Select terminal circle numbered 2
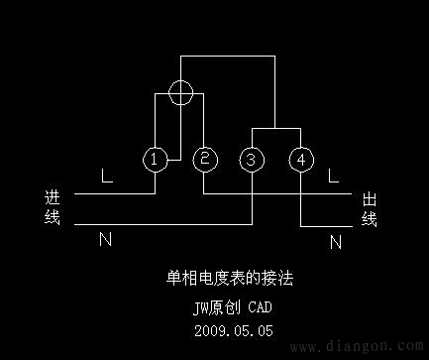click(x=204, y=158)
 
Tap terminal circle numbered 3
click(x=252, y=158)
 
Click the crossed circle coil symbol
click(x=179, y=93)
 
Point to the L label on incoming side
click(x=106, y=178)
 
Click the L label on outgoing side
click(x=334, y=178)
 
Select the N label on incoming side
click(x=106, y=239)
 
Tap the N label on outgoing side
click(x=335, y=240)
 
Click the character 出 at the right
click(x=369, y=199)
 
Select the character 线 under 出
click(x=369, y=218)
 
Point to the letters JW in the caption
click(x=201, y=307)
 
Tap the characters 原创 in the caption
click(x=225, y=307)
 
